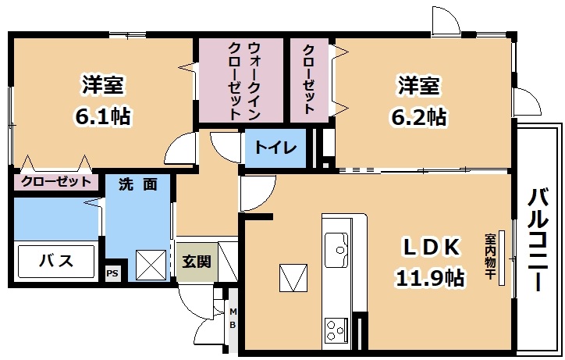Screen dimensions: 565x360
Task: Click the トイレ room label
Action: pos(275,148)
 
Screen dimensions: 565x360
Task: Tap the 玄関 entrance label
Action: pos(197,261)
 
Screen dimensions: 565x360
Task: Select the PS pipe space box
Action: pos(112,273)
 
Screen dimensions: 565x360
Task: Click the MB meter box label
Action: pos(233,318)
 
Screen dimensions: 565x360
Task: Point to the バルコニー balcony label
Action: pos(538,240)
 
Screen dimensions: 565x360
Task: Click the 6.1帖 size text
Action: pos(103,116)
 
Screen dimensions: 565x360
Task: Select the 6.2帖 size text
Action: pos(419,117)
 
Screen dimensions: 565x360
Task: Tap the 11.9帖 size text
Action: pos(430,277)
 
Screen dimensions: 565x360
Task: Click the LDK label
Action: pos(431,247)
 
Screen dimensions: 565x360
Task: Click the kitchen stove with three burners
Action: pos(336,330)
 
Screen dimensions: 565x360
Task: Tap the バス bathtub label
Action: pos(56,260)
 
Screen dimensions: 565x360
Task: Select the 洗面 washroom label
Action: pos(138,185)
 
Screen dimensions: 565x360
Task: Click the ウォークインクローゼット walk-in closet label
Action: pos(244,80)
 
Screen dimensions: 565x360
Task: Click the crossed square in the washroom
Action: pos(151,266)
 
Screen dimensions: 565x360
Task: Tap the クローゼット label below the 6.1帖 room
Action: pos(56,181)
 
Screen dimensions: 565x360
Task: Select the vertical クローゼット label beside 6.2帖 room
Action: pos(309,80)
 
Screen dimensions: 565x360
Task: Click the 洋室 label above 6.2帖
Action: pos(419,85)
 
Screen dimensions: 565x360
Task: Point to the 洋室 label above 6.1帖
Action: pos(103,84)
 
